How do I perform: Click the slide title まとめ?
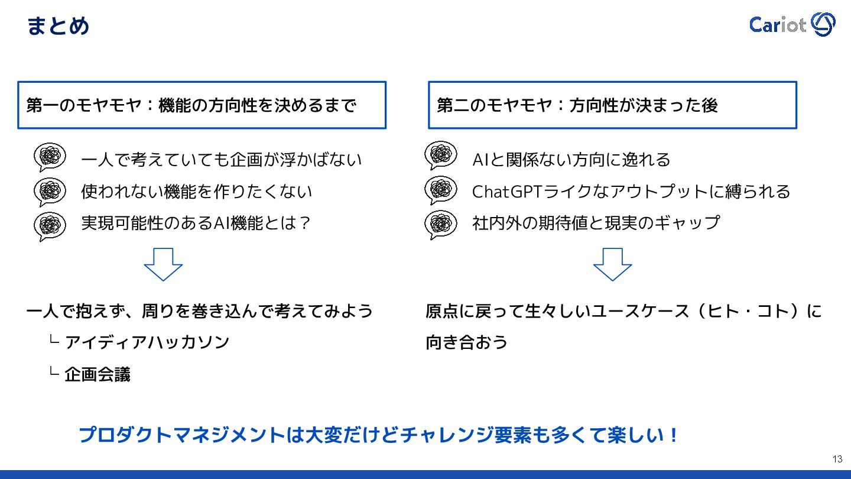click(58, 26)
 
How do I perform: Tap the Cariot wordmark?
click(777, 25)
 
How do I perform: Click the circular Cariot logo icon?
click(823, 24)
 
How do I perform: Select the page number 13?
click(837, 459)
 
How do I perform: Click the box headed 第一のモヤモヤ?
click(202, 105)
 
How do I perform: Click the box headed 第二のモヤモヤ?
click(612, 105)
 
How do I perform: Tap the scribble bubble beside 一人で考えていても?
click(50, 158)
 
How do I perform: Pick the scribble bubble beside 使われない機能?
click(50, 190)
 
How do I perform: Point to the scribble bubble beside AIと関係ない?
click(440, 156)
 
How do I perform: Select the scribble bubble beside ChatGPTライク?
click(440, 189)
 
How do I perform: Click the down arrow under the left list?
click(163, 264)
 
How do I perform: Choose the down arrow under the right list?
click(612, 264)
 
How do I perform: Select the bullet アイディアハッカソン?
click(147, 342)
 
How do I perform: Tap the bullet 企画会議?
click(98, 374)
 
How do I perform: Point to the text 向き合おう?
click(467, 342)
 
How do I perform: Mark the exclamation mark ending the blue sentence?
click(673, 436)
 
